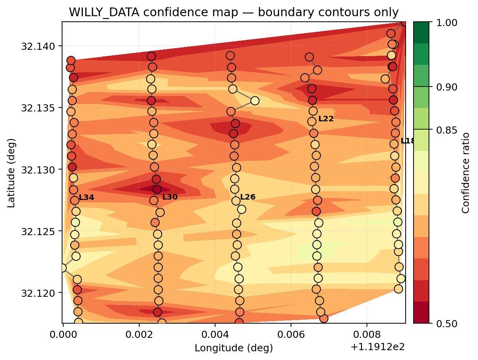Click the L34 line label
(86, 198)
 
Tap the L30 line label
(170, 197)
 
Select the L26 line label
(248, 197)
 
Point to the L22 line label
(326, 119)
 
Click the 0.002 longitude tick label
(139, 335)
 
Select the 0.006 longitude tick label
(291, 335)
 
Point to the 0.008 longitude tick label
(367, 335)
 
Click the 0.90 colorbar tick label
(446, 87)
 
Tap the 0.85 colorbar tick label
(446, 130)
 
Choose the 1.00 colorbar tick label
(446, 23)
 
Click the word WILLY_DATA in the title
(104, 12)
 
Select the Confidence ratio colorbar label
(465, 173)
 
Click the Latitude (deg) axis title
(11, 173)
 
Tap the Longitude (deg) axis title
(234, 348)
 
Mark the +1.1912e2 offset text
(378, 347)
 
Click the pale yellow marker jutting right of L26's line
(255, 101)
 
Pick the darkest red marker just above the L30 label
(157, 189)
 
